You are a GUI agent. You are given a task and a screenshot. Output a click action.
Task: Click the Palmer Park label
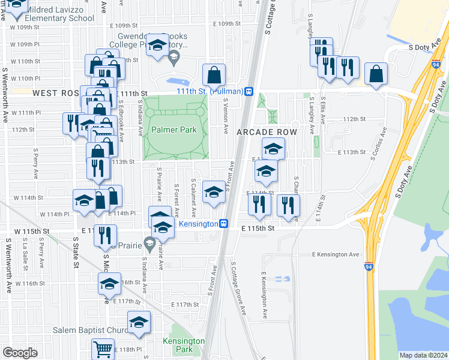(x=174, y=130)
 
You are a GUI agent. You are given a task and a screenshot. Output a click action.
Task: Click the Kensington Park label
(x=184, y=345)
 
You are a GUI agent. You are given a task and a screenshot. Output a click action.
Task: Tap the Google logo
(x=20, y=352)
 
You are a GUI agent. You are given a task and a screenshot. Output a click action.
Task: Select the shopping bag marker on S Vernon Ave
(x=214, y=76)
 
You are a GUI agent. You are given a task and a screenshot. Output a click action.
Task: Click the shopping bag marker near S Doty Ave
(x=376, y=74)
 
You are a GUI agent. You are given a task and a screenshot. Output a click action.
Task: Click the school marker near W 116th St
(x=109, y=284)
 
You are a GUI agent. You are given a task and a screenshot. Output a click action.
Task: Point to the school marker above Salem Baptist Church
(x=139, y=323)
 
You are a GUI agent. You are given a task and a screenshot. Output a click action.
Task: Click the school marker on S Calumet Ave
(x=213, y=192)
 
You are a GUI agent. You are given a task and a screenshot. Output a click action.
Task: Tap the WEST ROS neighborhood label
(x=56, y=93)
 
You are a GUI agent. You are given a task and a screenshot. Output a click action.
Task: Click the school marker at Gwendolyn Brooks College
(x=157, y=45)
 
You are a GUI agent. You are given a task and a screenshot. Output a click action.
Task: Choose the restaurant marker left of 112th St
(x=71, y=123)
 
